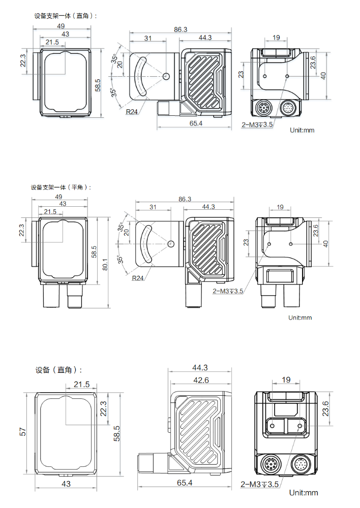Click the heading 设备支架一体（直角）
tap(65, 16)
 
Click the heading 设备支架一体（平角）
tap(61, 187)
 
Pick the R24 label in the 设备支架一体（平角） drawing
tap(137, 278)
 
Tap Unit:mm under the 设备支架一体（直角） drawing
tap(302, 130)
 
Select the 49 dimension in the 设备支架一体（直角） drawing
tap(61, 26)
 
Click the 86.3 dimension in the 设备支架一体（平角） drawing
tap(185, 199)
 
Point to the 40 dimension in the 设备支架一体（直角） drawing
tap(323, 76)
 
